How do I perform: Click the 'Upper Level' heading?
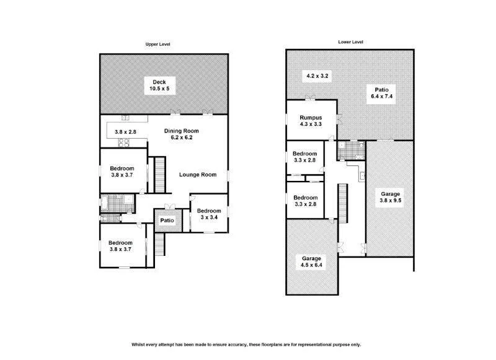[x=157, y=45]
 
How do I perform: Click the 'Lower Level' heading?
[x=350, y=42]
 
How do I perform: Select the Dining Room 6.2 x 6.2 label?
[x=182, y=135]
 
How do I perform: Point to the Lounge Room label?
[x=198, y=175]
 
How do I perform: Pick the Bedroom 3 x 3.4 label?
[x=209, y=214]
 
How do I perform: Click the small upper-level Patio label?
[x=166, y=221]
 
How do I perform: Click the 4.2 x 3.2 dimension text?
[x=318, y=76]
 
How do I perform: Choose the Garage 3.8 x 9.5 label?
[x=391, y=197]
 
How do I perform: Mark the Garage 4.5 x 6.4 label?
[x=312, y=262]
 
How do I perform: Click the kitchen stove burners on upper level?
[x=123, y=142]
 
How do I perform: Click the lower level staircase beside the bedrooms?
[x=340, y=203]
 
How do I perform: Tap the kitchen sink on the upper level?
[x=125, y=118]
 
